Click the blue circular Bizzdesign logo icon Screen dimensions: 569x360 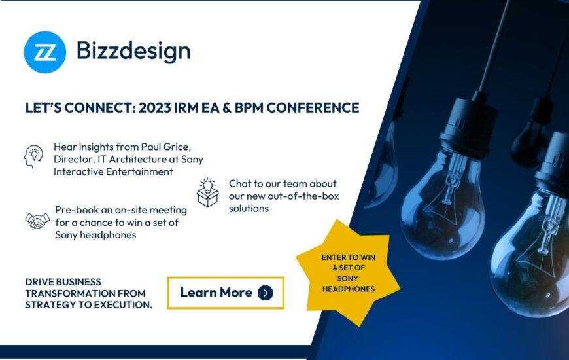tap(45, 52)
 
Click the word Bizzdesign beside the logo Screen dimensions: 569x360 tap(133, 51)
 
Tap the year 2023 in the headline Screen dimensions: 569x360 tap(154, 107)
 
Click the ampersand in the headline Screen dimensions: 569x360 tap(227, 107)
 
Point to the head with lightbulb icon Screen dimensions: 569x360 tap(34, 156)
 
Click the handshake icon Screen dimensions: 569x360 tap(37, 221)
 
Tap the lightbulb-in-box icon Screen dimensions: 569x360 tap(208, 192)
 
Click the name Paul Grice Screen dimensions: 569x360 tap(165, 147)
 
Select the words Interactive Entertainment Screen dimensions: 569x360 tap(113, 171)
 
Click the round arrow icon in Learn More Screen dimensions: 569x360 tap(266, 293)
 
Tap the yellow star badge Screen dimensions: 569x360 tap(348, 273)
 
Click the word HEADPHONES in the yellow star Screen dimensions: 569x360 tap(349, 289)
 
